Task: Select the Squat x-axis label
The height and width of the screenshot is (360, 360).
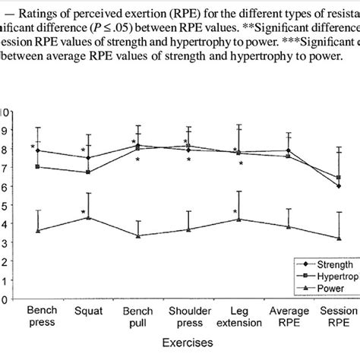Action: (x=89, y=312)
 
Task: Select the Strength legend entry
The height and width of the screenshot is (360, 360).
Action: (x=334, y=264)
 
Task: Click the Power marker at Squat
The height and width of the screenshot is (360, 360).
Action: (x=89, y=218)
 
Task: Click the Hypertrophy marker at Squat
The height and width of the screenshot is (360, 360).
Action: (x=89, y=172)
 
